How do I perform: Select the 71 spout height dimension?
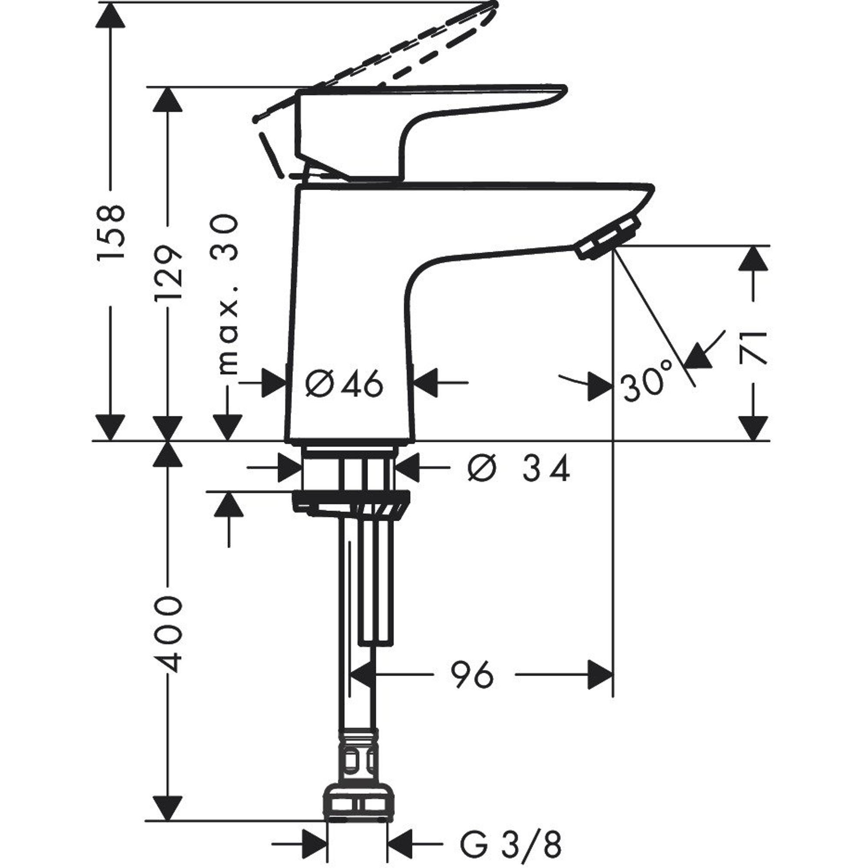pos(753,346)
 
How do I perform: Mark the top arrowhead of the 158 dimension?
pos(111,15)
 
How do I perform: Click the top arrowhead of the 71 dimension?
pos(753,258)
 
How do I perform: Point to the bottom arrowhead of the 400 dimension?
pos(168,808)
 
